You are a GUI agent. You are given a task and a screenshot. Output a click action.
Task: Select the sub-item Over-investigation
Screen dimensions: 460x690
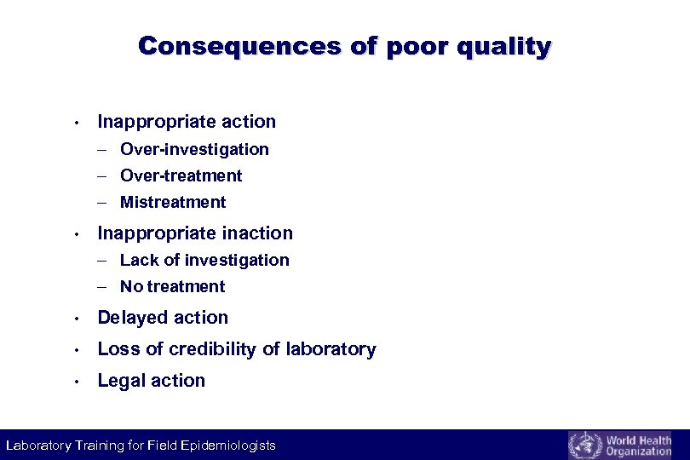point(194,149)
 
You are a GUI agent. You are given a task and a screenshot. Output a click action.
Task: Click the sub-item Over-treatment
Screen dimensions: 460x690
point(181,175)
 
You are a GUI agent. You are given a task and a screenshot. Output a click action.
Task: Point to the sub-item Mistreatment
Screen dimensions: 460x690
point(173,202)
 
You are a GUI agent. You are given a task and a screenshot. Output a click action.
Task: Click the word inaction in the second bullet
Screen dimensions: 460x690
point(256,233)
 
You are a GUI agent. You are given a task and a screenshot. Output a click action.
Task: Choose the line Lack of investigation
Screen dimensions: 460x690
point(204,260)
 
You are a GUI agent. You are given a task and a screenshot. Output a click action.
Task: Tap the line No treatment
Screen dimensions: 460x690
point(173,286)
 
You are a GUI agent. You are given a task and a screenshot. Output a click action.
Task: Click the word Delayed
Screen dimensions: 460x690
point(129,318)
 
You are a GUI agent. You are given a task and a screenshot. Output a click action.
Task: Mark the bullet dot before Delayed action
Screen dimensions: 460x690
point(77,319)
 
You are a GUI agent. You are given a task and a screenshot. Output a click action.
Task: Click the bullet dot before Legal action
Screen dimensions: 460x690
point(77,382)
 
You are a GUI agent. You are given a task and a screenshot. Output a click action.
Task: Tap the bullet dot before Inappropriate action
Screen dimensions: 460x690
point(77,123)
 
